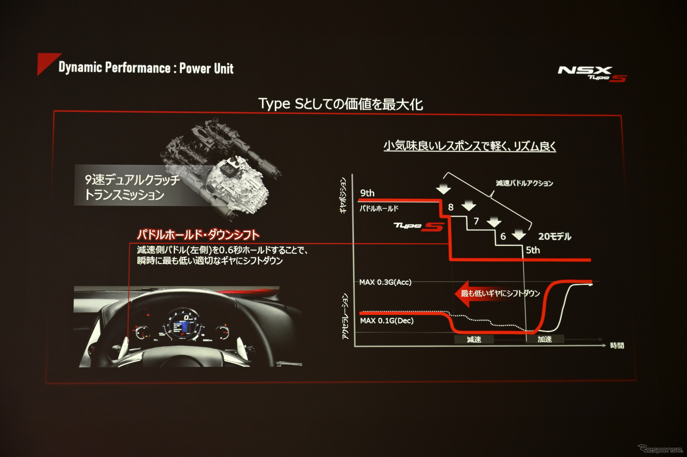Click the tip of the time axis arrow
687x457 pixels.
point(606,345)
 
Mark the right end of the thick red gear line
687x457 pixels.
point(590,260)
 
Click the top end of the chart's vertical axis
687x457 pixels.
point(352,175)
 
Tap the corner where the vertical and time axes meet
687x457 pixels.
point(354,346)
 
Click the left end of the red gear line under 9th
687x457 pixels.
point(359,200)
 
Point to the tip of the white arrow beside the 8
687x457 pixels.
point(469,211)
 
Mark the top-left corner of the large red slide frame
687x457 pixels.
point(54,111)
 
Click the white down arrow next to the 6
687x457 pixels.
point(519,235)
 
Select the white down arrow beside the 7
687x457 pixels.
point(494,222)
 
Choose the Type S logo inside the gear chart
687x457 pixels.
point(419,226)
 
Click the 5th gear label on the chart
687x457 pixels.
point(533,250)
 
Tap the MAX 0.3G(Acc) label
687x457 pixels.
point(385,282)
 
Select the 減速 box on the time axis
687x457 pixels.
point(474,340)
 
